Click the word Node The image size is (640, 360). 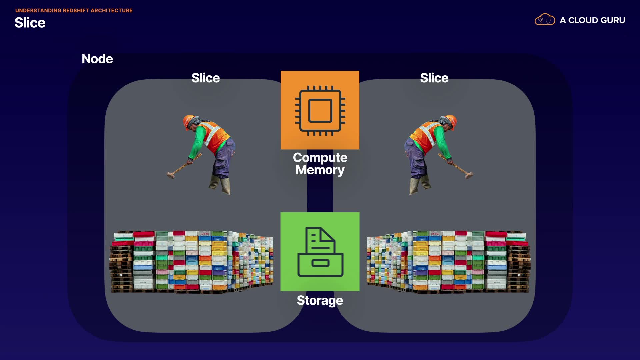coord(97,59)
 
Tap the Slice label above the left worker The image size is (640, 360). coord(205,78)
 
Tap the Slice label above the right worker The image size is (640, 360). coord(434,78)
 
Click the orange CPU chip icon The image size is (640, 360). coord(320,110)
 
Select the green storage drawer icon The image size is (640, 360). coord(320,252)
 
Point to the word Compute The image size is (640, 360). coord(320,157)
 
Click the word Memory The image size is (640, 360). coord(320,170)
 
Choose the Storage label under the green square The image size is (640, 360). coord(320,300)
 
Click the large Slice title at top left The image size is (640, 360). coord(30,23)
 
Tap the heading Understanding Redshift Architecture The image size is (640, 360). coord(74,11)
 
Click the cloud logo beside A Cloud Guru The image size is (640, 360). coord(545,20)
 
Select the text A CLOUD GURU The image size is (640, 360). coord(592,20)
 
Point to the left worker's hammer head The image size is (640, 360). coord(171,174)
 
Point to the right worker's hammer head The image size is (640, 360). coord(469,174)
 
